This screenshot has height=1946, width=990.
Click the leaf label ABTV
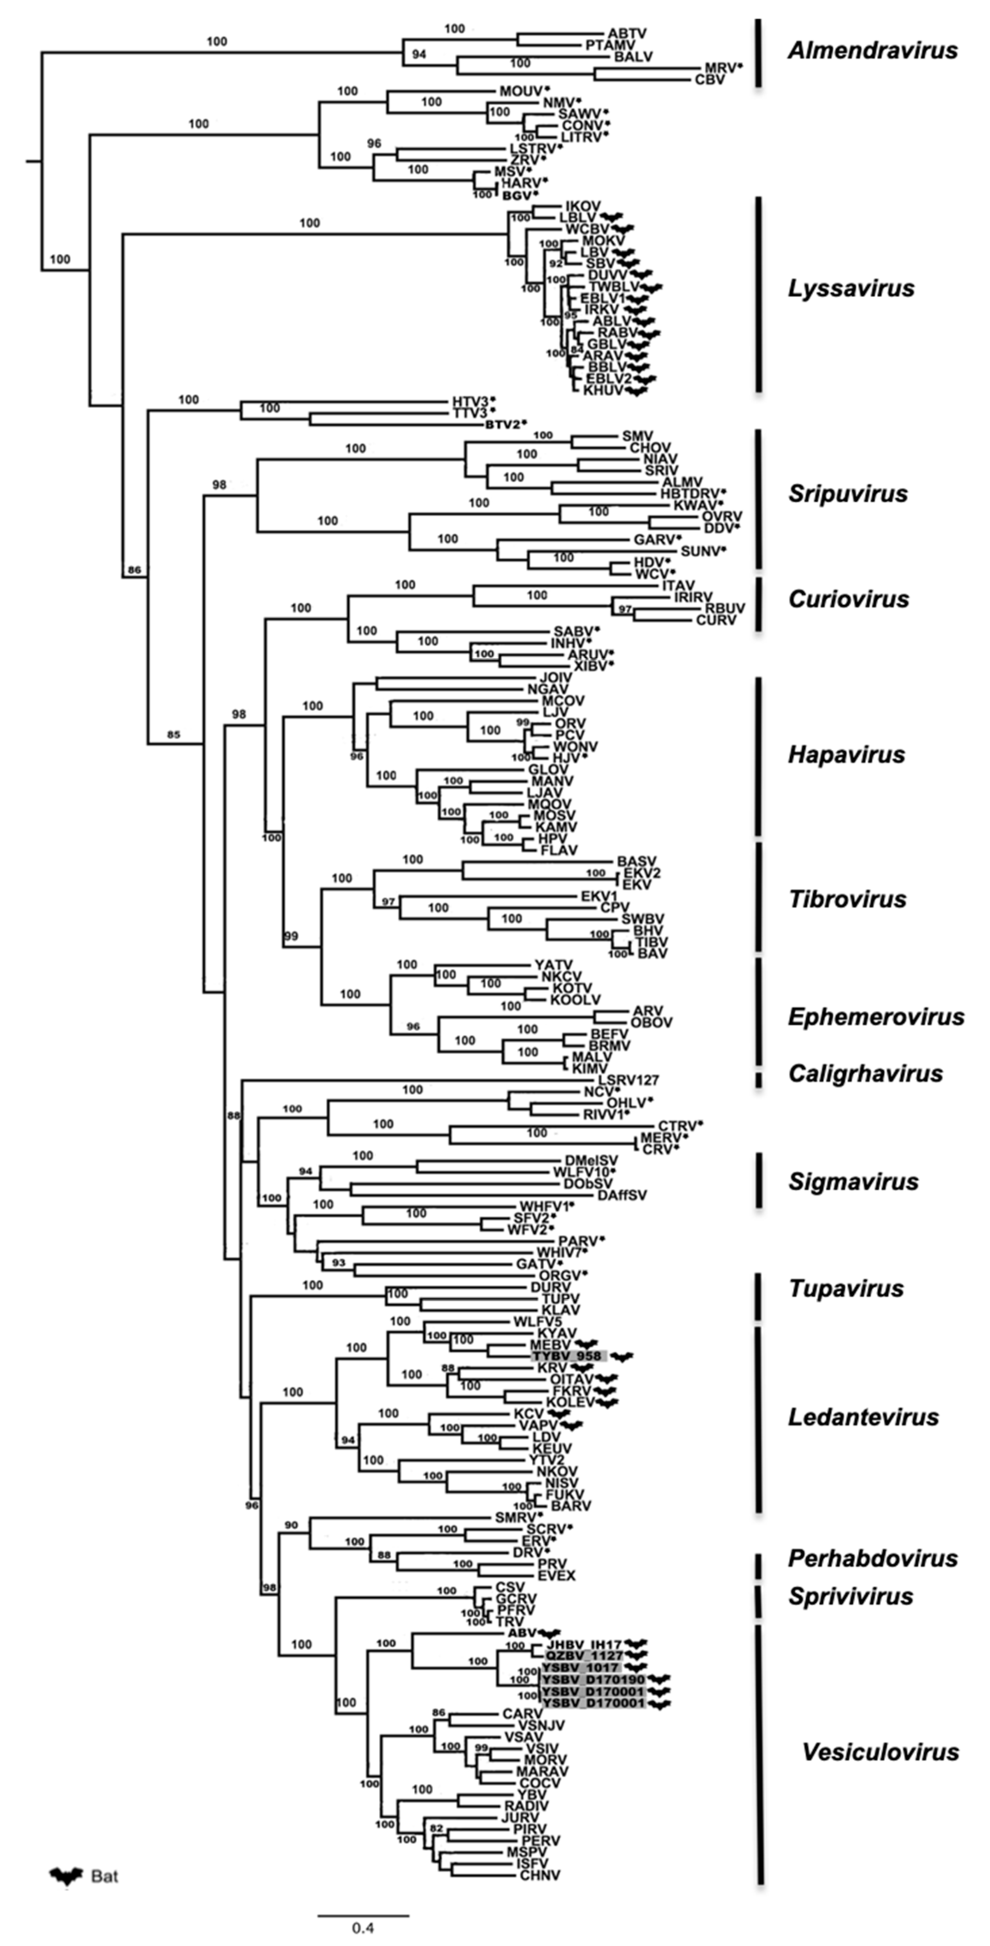627,33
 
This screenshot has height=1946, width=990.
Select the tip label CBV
710,79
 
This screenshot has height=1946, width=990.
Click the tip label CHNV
540,1875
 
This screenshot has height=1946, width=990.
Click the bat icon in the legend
67,1876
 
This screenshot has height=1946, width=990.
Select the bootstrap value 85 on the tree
174,734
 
